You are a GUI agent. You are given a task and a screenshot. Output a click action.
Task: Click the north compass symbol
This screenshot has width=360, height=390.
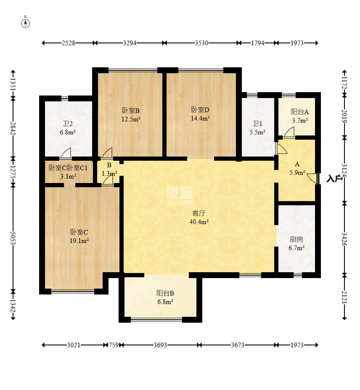(x=25, y=23)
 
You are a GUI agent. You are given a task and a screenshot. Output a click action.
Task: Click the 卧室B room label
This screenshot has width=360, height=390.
(x=130, y=110)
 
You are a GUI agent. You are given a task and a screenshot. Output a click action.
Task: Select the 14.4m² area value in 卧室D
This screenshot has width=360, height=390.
(x=200, y=118)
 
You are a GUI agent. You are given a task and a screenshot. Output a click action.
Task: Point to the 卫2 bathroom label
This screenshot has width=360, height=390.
(x=68, y=124)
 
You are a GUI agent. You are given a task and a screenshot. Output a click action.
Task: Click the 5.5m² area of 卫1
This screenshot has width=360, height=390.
(x=257, y=132)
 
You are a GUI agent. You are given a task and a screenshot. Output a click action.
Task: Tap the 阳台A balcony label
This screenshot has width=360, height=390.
(x=300, y=111)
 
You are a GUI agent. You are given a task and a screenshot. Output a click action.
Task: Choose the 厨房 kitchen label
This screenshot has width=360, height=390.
(x=296, y=239)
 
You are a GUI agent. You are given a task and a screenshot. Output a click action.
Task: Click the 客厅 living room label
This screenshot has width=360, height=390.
(x=199, y=213)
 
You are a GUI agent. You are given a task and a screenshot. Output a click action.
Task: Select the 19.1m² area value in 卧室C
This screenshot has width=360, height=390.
(x=79, y=241)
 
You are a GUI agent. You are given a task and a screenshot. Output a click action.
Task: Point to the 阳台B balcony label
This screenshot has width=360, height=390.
(x=165, y=293)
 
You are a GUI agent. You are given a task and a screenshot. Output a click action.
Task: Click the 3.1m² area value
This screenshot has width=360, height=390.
(x=68, y=176)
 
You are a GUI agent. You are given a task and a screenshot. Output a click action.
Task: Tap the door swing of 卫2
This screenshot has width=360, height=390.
(x=66, y=153)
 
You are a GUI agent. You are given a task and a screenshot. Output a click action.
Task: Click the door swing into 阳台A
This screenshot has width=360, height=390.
(x=289, y=132)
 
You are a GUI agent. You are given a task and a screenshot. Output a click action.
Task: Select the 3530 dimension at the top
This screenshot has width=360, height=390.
(x=201, y=43)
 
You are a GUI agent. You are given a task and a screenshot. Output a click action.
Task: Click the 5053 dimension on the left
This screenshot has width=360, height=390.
(x=13, y=238)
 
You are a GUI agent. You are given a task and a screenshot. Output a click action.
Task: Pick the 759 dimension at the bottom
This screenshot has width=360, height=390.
(x=114, y=345)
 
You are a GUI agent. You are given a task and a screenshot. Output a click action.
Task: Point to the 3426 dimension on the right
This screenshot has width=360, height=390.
(x=344, y=239)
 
